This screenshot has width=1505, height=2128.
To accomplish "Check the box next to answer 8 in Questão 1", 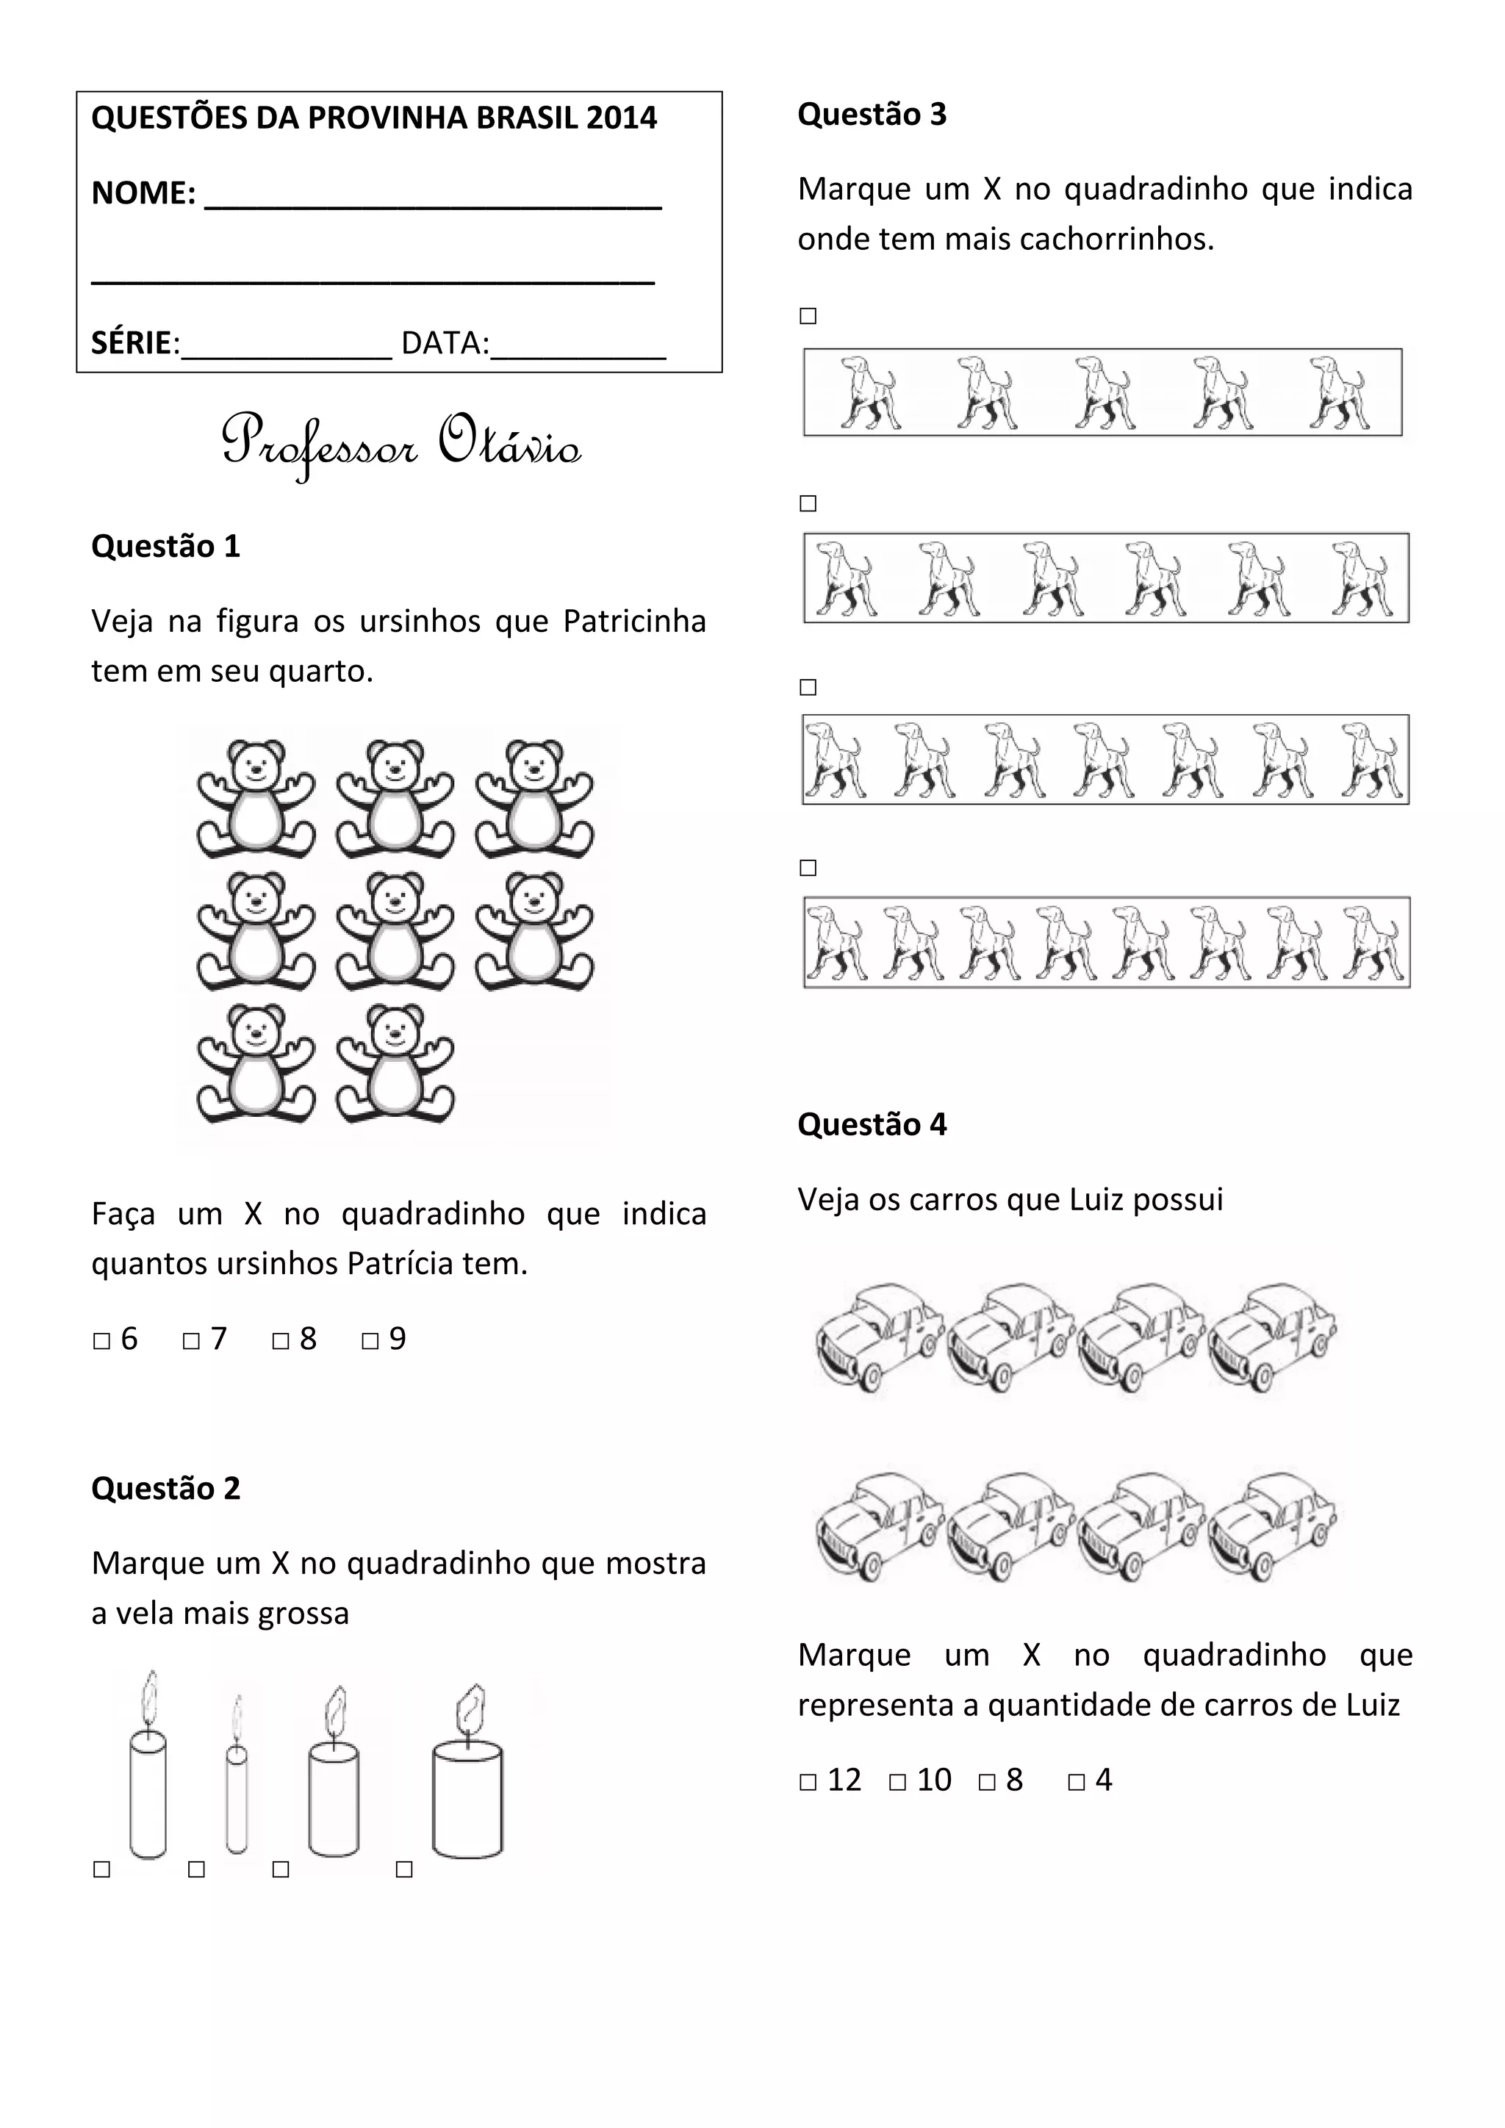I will point(281,1341).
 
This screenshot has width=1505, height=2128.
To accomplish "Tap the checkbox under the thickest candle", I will point(404,1869).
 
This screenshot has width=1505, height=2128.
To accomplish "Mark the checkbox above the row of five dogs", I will point(808,316).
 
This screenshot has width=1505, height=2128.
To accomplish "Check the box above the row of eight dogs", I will point(808,868).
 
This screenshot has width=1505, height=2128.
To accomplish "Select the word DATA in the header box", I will point(445,343).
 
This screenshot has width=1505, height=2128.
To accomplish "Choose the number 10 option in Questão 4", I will point(934,1780).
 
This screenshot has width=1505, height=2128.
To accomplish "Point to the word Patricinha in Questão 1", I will point(634,621).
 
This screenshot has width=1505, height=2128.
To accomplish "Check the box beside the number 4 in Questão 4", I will point(1076,1781).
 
